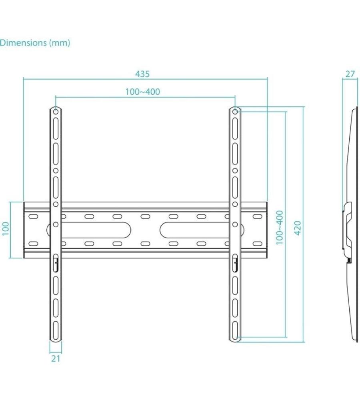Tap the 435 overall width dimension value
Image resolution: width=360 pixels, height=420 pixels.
142,74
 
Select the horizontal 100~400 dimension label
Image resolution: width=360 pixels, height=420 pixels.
142,92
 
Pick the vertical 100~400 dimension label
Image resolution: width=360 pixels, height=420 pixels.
280,227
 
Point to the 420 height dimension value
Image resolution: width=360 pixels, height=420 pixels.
298,228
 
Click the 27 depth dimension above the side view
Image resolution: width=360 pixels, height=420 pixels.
350,74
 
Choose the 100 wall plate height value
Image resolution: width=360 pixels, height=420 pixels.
6,229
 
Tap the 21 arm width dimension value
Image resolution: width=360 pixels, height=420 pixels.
56,359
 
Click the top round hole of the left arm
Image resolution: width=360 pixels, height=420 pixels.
56,110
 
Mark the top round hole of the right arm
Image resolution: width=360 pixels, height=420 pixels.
236,110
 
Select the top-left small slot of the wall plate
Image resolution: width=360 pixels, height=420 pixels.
34,216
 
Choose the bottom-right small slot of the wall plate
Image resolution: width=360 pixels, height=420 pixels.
257,243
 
